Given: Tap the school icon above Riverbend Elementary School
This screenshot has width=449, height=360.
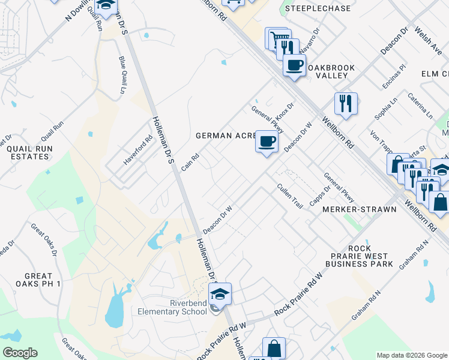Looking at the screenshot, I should coord(220,294).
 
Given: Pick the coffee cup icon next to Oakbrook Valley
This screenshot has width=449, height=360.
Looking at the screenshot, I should coord(294,66).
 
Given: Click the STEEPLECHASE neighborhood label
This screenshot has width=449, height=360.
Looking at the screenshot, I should coord(309,8).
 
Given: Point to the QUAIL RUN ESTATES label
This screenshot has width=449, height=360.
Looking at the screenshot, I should coord(28,152).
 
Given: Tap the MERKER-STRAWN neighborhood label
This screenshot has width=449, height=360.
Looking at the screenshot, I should coord(360,209).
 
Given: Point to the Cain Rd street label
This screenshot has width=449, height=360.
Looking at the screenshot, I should coord(190,161).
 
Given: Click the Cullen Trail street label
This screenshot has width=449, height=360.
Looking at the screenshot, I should coord(289,196).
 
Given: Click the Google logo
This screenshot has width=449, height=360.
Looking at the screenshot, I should coord(20,353).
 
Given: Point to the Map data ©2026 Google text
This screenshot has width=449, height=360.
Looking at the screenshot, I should coord(412,355).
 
